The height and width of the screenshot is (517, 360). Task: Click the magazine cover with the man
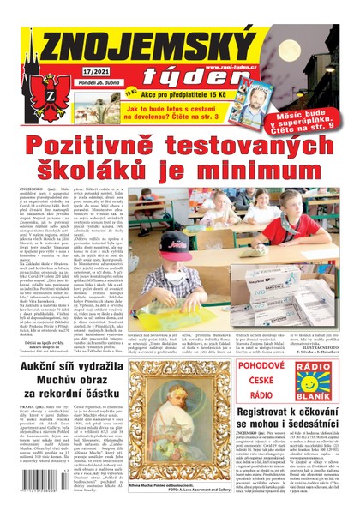pos(258,94)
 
